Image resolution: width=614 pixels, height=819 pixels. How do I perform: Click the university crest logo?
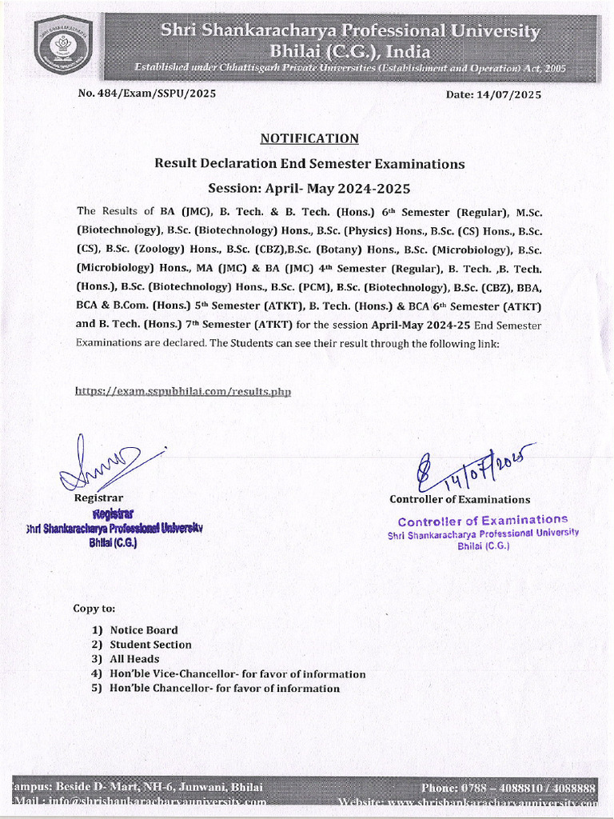(x=63, y=45)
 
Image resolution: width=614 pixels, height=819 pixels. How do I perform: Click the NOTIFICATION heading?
(x=309, y=138)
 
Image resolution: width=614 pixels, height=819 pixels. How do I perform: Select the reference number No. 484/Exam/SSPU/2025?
(x=146, y=94)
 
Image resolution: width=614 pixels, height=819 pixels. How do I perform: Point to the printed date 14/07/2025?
(x=493, y=94)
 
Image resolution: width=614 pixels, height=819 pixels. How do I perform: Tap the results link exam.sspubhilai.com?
(x=183, y=391)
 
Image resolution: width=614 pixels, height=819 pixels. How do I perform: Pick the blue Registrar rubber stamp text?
(x=114, y=527)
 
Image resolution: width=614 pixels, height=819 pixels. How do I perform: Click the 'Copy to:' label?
(x=94, y=608)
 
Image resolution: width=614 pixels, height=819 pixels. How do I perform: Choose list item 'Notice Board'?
(x=144, y=630)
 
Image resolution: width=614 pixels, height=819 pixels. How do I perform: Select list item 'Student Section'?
(x=150, y=645)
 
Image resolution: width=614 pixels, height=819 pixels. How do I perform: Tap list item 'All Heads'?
(x=134, y=659)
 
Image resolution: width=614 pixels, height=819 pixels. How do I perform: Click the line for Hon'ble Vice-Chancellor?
(x=237, y=673)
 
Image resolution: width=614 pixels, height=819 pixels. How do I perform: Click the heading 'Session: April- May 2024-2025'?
(x=309, y=190)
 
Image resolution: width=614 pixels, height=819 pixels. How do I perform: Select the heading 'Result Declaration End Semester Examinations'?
(x=309, y=164)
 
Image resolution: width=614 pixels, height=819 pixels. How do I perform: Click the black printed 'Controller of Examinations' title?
(x=460, y=499)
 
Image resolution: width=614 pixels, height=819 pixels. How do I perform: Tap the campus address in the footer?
(x=138, y=787)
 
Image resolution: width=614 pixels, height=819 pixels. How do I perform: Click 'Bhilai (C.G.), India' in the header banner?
(x=350, y=51)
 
